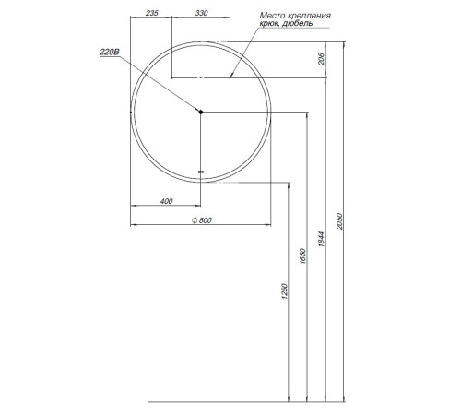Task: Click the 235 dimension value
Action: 152,13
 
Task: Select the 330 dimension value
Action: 202,13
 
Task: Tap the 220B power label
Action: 110,53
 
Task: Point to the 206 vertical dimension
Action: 321,59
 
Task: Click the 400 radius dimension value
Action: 167,201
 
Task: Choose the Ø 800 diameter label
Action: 202,220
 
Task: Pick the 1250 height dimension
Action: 285,291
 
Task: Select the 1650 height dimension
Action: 302,255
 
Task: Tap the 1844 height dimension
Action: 321,240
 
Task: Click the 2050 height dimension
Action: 339,221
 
